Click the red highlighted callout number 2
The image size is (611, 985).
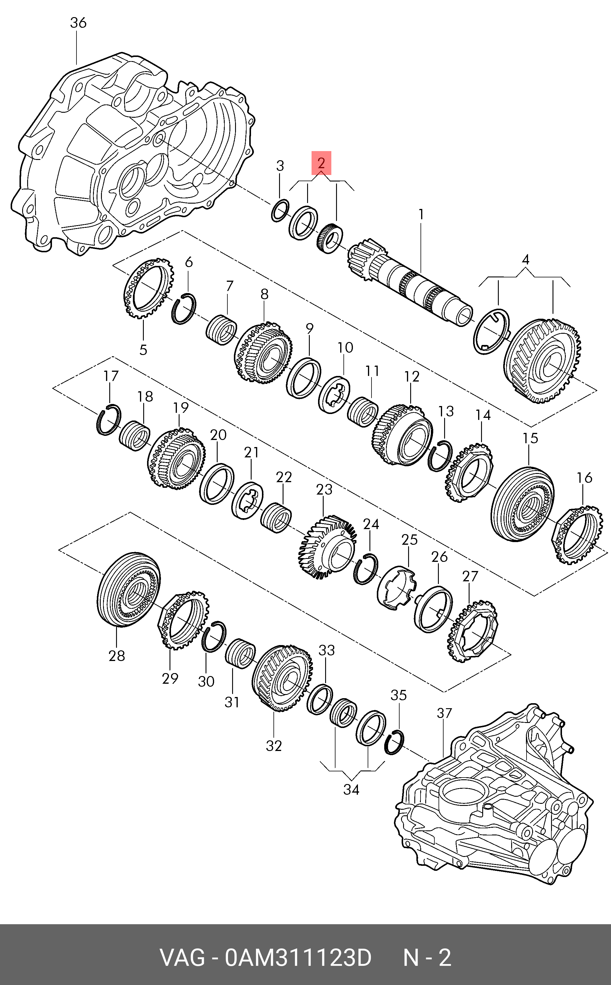[321, 163]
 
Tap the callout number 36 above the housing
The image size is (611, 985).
[78, 23]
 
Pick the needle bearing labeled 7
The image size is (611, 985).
[221, 329]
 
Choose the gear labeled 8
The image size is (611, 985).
[263, 353]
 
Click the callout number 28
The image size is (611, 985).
[117, 656]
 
